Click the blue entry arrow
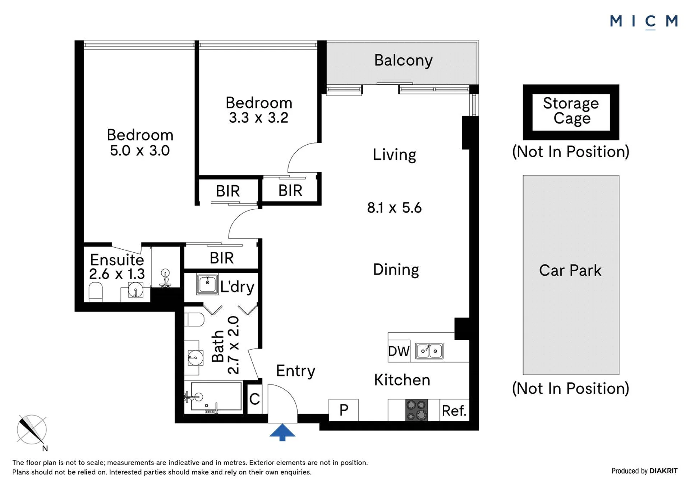282,432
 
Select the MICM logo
644,22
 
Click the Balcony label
403,61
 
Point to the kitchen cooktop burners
417,410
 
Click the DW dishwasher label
399,351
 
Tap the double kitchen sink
429,351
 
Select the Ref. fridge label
454,411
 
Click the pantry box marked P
344,410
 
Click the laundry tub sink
207,285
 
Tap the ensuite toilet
96,292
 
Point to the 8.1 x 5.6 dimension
394,208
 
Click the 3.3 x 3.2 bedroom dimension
259,118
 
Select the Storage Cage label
571,111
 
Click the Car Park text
570,271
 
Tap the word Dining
396,270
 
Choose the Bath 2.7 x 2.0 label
225,345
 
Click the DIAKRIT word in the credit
663,471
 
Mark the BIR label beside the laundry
222,258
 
